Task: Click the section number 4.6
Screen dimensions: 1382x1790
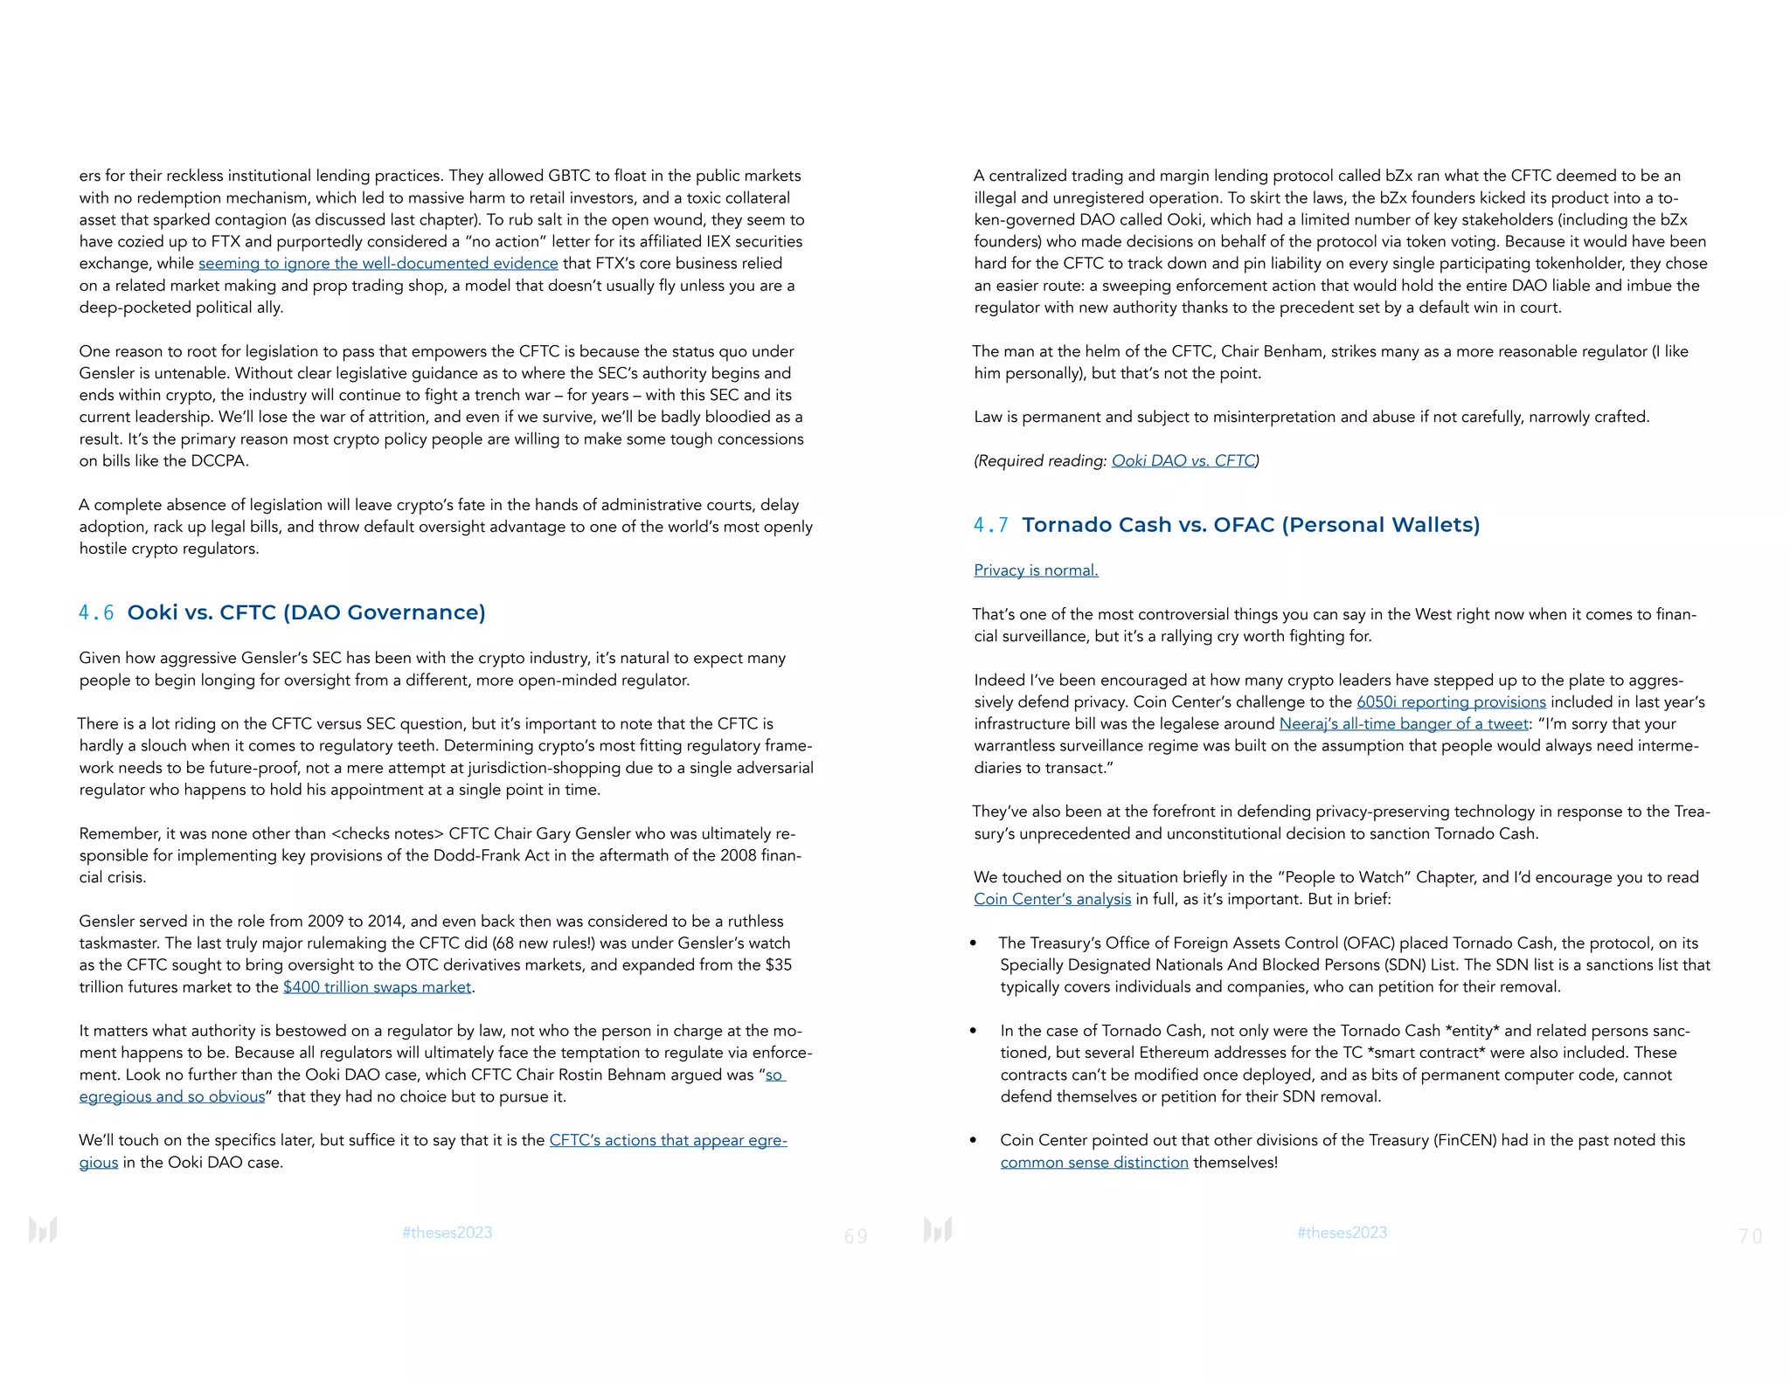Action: tap(96, 613)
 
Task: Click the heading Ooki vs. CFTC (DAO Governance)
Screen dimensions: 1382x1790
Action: tap(306, 612)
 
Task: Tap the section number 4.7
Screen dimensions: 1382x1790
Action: tap(990, 525)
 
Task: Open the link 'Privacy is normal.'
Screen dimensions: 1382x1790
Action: tap(1036, 570)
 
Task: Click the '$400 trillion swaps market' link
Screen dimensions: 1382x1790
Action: tap(377, 987)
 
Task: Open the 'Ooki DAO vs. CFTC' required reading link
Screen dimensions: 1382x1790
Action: tap(1183, 460)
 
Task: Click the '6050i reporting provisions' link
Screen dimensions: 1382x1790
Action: tap(1451, 702)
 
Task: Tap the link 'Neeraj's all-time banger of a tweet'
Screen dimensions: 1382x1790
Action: tap(1404, 724)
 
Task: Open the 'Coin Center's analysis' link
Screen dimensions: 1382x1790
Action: tap(1052, 900)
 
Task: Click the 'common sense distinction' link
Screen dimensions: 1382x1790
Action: tap(1094, 1163)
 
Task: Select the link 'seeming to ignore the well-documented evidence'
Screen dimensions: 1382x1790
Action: tap(378, 264)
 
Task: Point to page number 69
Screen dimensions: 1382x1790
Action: tap(856, 1236)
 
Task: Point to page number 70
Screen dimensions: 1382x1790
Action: tap(1750, 1236)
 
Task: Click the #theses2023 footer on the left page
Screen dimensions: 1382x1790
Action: tap(447, 1233)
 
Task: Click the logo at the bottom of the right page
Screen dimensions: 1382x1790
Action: tap(938, 1230)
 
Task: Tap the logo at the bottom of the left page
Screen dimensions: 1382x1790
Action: tap(43, 1230)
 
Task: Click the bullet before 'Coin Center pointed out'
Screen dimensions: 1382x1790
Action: tap(974, 1141)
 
